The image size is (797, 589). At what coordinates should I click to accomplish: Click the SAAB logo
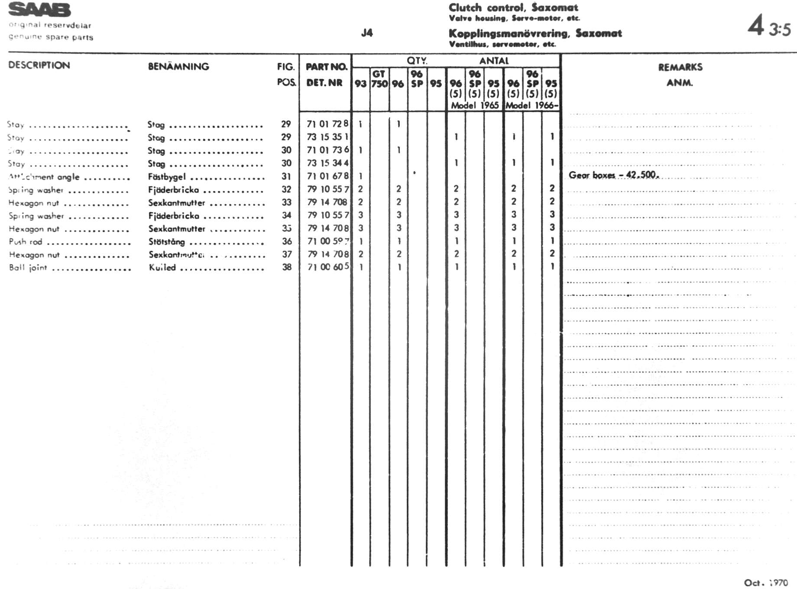coord(39,10)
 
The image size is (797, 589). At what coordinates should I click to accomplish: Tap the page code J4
coord(367,33)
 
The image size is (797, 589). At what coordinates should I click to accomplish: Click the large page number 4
coord(756,26)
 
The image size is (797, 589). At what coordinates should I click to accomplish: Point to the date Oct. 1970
coord(766,583)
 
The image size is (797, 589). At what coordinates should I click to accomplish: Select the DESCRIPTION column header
coord(39,65)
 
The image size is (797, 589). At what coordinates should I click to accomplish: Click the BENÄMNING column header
coord(178,67)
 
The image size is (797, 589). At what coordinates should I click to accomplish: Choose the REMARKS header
coord(680,67)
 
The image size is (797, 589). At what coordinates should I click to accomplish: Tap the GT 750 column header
coord(379,79)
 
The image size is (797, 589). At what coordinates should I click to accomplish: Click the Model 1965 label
coord(475,105)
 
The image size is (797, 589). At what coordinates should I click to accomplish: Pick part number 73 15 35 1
coord(327,137)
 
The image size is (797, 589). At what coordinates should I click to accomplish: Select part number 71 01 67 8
coord(327,176)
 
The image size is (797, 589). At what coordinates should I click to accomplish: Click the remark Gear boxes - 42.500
coord(614,175)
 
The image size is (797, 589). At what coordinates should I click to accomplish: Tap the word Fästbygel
coord(167,177)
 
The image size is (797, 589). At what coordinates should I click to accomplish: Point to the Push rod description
coord(26,242)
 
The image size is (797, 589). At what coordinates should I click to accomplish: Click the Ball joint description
coord(28,268)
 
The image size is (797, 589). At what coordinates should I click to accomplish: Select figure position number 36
coord(287,241)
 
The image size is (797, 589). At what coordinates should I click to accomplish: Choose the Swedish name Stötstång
coord(167,242)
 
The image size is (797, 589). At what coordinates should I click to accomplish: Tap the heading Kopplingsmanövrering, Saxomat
coord(535,33)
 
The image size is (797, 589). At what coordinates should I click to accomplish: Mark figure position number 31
coord(286,176)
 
